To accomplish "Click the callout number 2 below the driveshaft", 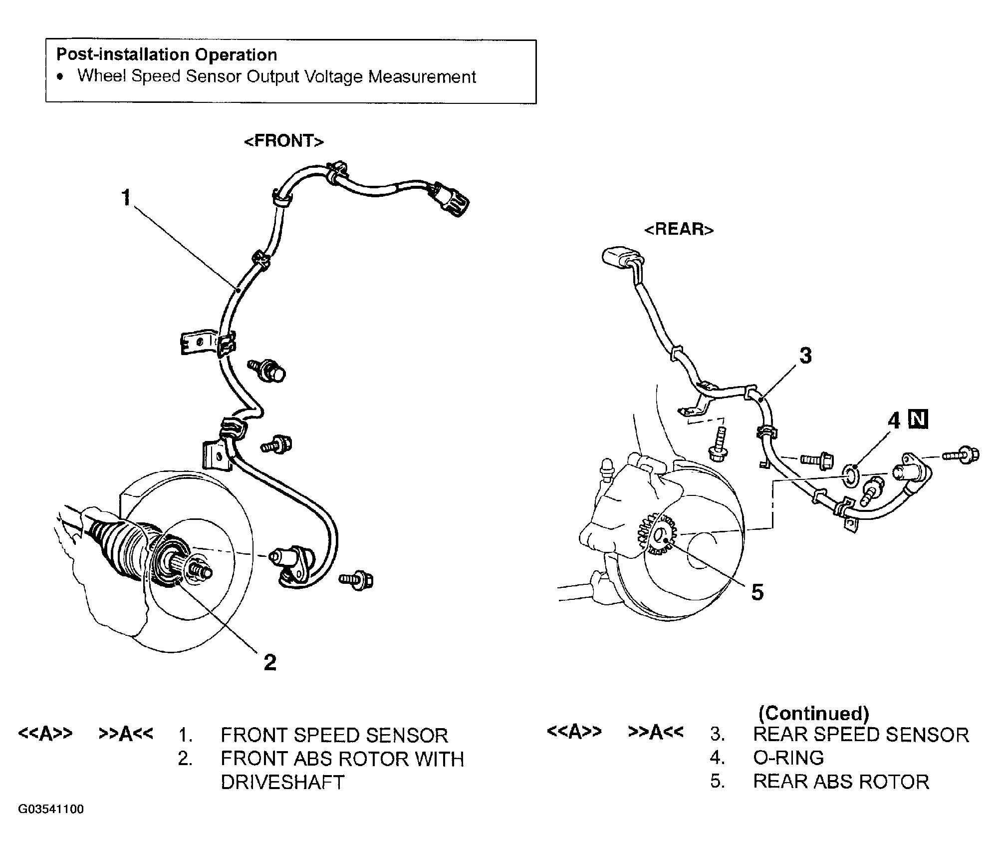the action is pyautogui.click(x=269, y=662).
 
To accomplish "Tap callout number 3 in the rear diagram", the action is pyautogui.click(x=805, y=356).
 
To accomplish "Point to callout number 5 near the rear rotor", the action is pyautogui.click(x=757, y=592).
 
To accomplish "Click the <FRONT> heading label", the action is pyautogui.click(x=284, y=141).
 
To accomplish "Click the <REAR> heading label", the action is pyautogui.click(x=679, y=229).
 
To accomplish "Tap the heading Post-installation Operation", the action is pyautogui.click(x=167, y=54).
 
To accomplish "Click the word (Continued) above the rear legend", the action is pyautogui.click(x=813, y=713).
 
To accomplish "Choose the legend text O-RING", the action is pyautogui.click(x=788, y=758).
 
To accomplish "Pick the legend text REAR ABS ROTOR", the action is pyautogui.click(x=841, y=782).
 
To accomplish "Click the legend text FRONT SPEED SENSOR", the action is pyautogui.click(x=334, y=736).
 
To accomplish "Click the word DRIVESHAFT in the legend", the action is pyautogui.click(x=282, y=782).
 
